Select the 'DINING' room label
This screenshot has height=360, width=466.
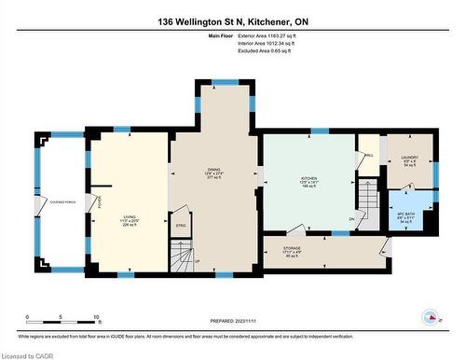point(215,166)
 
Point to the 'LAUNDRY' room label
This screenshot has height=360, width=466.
point(408,158)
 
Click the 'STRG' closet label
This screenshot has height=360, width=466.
point(182,225)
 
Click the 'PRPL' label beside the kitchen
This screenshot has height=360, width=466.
point(369,156)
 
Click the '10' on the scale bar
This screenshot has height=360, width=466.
point(96,319)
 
